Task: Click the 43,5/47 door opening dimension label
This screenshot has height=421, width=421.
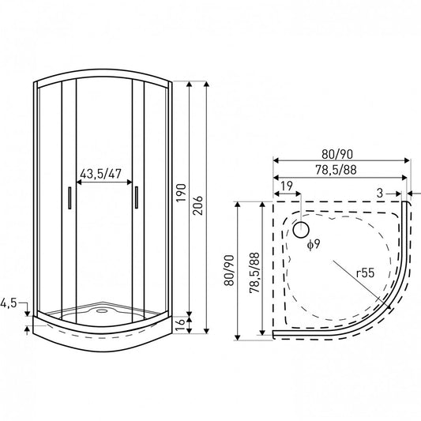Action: click(100, 174)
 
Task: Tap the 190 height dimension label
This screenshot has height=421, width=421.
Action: click(182, 193)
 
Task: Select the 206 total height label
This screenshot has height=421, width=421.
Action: click(198, 205)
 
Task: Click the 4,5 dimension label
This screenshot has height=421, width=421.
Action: click(9, 303)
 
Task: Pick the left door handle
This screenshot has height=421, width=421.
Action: click(70, 198)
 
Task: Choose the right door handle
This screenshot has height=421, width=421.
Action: click(137, 197)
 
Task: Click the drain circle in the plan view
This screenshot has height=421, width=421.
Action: click(301, 230)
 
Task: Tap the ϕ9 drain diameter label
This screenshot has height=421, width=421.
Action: click(314, 244)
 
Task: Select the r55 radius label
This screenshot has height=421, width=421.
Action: click(365, 273)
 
